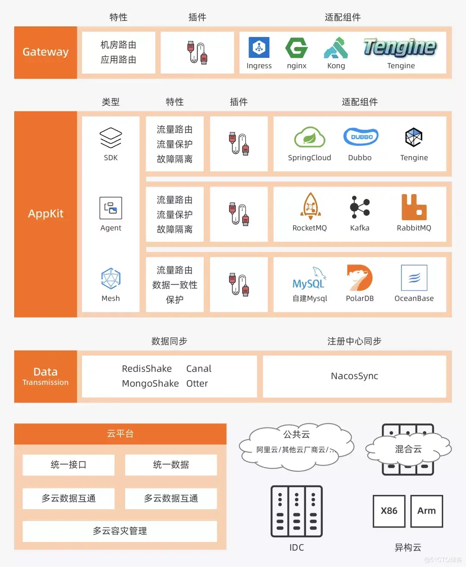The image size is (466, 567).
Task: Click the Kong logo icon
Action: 336,47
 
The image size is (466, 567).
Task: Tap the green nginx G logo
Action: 296,47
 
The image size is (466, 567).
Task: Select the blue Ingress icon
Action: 259,47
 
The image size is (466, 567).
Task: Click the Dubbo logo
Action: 361,137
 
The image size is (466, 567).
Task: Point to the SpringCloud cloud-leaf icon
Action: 310,137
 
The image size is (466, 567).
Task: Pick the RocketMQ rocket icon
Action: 311,206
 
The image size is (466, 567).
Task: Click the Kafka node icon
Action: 360,207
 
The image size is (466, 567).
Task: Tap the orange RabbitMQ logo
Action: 414,207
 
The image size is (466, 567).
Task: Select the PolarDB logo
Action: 359,278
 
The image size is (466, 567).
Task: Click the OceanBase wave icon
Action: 414,278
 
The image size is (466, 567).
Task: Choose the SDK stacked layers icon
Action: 111,138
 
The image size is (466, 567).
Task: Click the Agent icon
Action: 111,208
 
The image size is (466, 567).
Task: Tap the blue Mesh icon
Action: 111,278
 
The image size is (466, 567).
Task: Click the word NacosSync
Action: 354,376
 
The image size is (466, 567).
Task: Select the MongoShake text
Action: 150,383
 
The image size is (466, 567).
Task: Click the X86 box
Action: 389,511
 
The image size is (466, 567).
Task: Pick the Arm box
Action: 426,511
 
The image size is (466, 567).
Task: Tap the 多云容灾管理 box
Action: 120,531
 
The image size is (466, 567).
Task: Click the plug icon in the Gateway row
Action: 197,52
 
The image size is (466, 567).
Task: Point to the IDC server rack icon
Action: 296,511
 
